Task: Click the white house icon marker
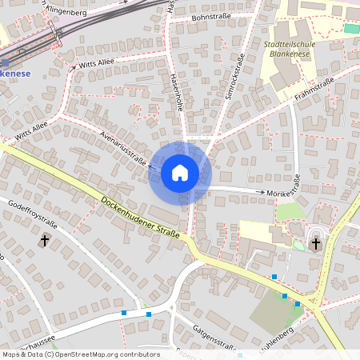(180, 172)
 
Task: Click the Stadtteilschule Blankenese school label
(289, 50)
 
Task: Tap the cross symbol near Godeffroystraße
(45, 240)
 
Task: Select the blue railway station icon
(6, 62)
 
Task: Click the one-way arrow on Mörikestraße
(261, 192)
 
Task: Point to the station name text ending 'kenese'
(15, 73)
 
